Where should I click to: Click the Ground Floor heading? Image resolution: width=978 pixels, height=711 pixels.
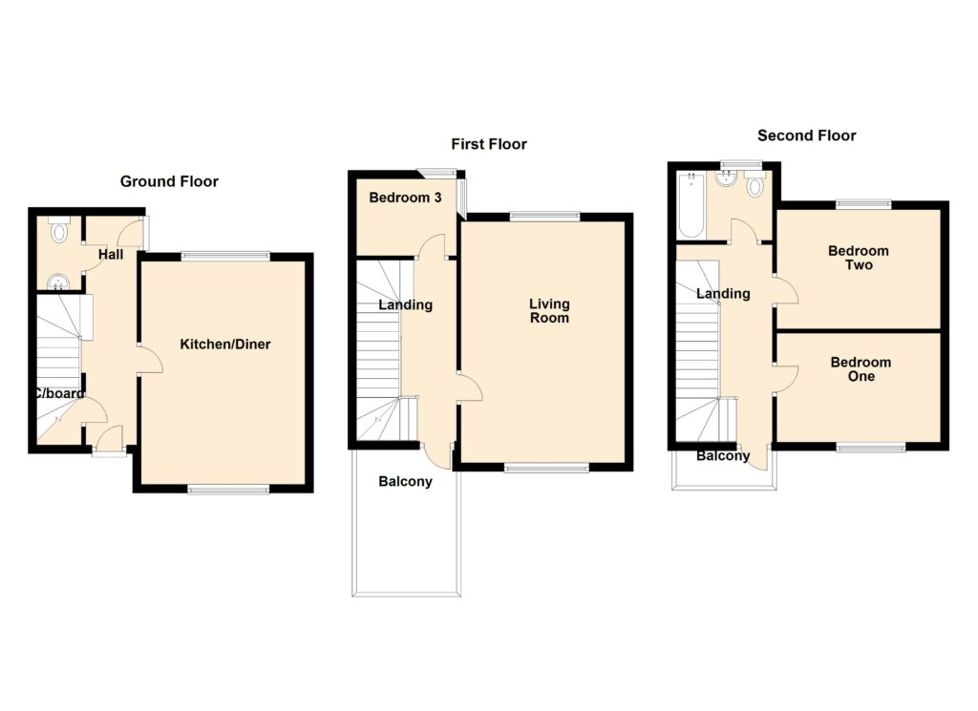coord(169,181)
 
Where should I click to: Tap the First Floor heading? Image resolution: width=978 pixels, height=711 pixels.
coord(489,144)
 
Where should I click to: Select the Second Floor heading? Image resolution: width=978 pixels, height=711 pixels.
coord(806,136)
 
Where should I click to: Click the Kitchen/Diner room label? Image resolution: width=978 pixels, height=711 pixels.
coord(225,344)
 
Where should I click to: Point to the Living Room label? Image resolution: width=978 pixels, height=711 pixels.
coord(549,311)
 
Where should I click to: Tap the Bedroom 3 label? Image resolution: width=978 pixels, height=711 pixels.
coord(405,198)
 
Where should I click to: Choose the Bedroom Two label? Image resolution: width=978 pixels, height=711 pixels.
coord(859,258)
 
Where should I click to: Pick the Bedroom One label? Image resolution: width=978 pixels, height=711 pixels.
coord(861,369)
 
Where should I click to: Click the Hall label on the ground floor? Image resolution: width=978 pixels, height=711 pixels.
coord(111,254)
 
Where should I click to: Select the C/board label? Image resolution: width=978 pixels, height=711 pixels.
coord(58,393)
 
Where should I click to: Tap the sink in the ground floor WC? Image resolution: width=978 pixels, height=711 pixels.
coord(58,282)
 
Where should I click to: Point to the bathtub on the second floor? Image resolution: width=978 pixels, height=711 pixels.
coord(691,205)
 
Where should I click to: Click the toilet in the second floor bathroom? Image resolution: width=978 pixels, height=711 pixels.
coord(755,184)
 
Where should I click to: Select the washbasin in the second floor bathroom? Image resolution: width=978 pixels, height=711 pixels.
coord(726,178)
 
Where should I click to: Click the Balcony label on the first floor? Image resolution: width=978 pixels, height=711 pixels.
coord(405,481)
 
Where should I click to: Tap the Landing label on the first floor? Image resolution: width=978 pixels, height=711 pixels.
coord(405,304)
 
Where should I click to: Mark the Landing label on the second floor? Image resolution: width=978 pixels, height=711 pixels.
coord(724,294)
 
